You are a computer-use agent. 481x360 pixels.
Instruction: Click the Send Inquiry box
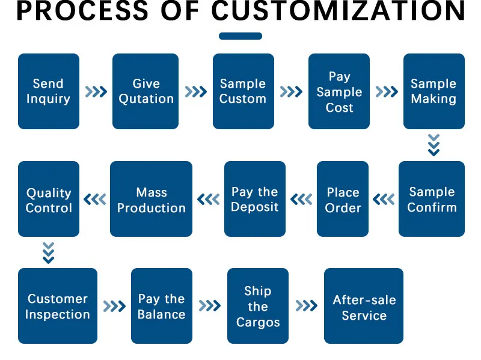(x=48, y=91)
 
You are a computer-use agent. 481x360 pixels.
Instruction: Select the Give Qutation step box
(x=146, y=91)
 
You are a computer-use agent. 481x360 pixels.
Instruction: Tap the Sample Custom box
(x=243, y=91)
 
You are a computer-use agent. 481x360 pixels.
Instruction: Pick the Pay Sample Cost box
(x=339, y=91)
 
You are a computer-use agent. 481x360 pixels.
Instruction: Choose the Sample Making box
(x=434, y=91)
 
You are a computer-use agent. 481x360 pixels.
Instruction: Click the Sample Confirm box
(x=432, y=199)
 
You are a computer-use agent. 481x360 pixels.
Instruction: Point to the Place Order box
(x=343, y=199)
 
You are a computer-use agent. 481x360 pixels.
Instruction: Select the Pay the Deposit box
(x=255, y=199)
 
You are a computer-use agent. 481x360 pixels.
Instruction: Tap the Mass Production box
(x=151, y=199)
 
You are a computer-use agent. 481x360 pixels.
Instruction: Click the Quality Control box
(x=48, y=199)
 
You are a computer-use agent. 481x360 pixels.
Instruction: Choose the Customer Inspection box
(x=57, y=306)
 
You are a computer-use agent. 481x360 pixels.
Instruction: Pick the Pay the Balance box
(x=161, y=306)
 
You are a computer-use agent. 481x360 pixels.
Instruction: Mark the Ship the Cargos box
(x=257, y=306)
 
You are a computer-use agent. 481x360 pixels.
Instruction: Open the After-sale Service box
(x=364, y=306)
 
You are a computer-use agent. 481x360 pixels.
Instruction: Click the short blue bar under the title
(x=240, y=36)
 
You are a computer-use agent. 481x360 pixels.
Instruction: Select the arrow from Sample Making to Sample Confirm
(x=434, y=145)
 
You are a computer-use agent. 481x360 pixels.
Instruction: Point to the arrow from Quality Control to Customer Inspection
(x=49, y=252)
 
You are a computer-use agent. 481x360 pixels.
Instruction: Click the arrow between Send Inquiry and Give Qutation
(x=96, y=92)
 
